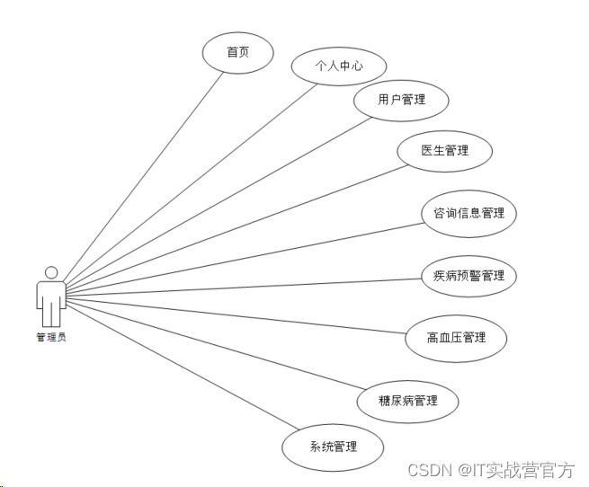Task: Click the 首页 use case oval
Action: [x=237, y=52]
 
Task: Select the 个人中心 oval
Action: [x=338, y=66]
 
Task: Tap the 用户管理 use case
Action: [x=388, y=100]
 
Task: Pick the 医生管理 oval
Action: [x=444, y=150]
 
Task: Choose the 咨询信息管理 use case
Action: [x=469, y=213]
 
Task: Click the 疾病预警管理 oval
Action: [x=469, y=275]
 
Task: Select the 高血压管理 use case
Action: [x=456, y=337]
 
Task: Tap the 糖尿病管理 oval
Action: [x=408, y=400]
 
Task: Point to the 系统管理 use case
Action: [x=333, y=446]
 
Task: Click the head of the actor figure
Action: [x=51, y=272]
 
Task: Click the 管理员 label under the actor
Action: [x=51, y=337]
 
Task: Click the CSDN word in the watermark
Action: [x=428, y=470]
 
